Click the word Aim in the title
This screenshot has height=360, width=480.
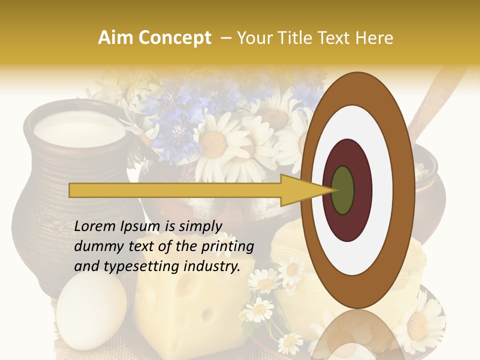(115, 38)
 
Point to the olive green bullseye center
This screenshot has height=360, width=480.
(343, 190)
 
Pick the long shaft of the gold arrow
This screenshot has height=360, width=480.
(175, 190)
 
